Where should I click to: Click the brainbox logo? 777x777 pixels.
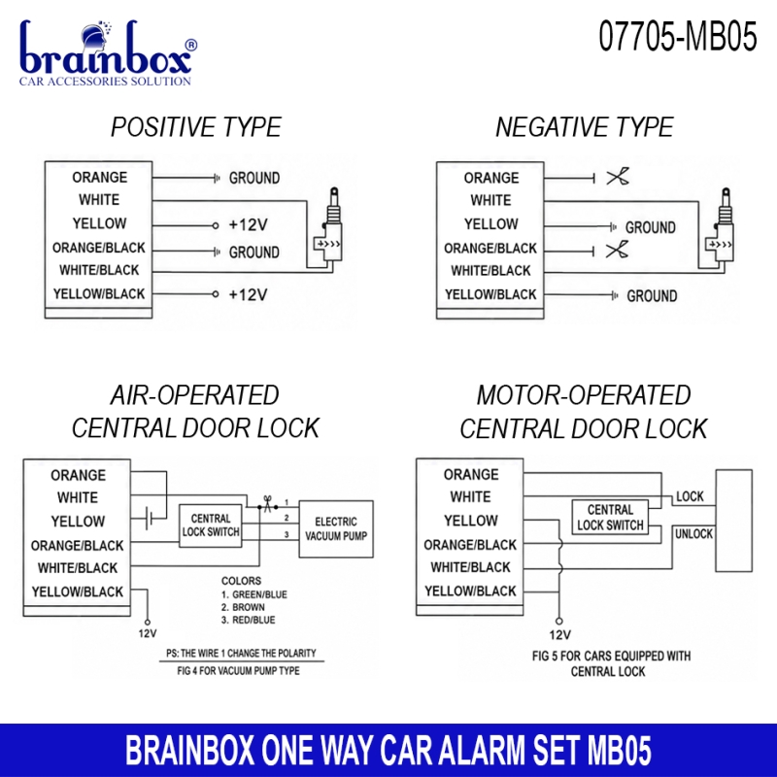[108, 53]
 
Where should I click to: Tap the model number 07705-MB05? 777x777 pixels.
[677, 36]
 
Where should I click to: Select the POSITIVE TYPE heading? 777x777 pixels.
[196, 127]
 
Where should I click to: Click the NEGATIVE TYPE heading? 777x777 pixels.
[585, 127]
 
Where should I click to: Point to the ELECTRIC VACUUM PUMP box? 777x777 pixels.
[336, 529]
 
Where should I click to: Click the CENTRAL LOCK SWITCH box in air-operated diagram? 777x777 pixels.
[211, 525]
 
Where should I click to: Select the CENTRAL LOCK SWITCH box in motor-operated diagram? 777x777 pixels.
[610, 518]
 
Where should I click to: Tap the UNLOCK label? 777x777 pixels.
[693, 533]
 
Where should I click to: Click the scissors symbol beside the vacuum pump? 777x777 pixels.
[268, 504]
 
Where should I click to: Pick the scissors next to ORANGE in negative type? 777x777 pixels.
[618, 177]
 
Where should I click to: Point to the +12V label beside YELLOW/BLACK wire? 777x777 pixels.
[248, 295]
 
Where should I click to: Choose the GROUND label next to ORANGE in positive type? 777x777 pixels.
[254, 178]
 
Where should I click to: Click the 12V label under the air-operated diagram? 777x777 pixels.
[148, 633]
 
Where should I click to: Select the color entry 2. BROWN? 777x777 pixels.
[243, 607]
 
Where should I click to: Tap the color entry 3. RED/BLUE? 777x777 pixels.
[248, 620]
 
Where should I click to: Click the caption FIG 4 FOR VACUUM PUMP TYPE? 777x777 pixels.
[238, 671]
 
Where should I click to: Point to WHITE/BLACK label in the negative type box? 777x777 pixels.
[490, 271]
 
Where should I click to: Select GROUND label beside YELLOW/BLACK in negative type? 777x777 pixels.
[652, 296]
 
